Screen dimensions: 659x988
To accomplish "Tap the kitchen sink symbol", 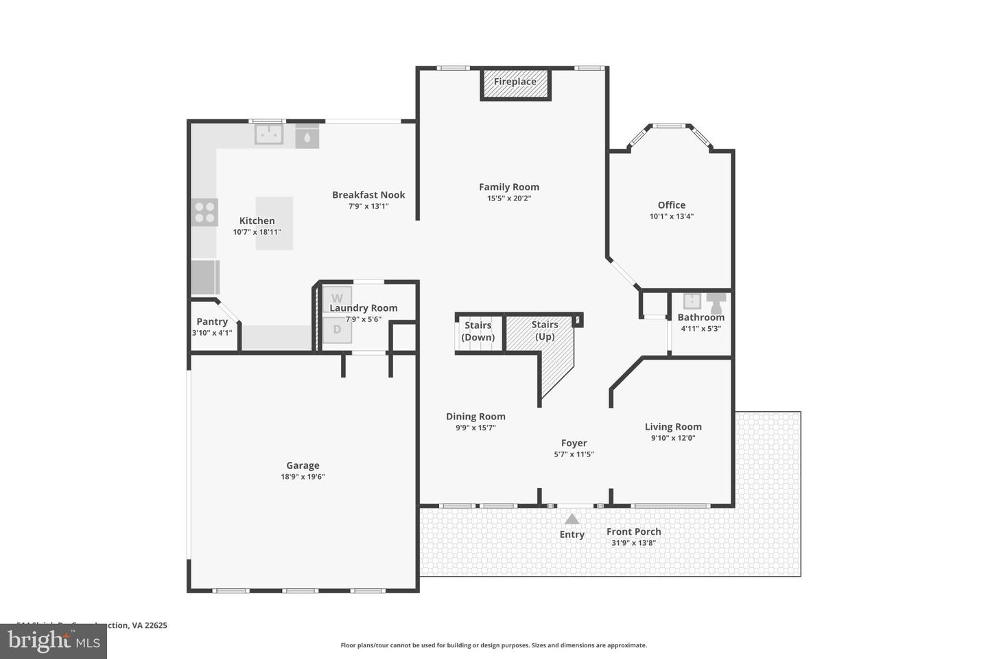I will click(x=269, y=134).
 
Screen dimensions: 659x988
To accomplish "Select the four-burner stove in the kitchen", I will click(x=204, y=212).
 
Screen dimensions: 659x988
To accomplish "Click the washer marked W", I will click(x=337, y=298).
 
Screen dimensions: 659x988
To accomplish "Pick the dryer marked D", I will click(x=337, y=329).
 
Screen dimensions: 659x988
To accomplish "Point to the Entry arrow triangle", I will click(x=572, y=519).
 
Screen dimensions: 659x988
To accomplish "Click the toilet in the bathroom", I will click(x=716, y=302).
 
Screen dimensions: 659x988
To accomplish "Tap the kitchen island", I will click(x=274, y=223).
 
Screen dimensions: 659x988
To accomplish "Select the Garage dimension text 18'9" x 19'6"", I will click(x=303, y=476).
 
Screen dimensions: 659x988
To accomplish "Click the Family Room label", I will click(x=509, y=187).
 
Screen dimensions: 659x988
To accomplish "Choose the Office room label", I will click(x=672, y=205).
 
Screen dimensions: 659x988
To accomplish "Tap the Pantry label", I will click(x=212, y=321).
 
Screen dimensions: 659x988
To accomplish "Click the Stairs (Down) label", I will click(x=478, y=331).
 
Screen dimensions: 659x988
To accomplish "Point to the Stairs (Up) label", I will click(x=545, y=330).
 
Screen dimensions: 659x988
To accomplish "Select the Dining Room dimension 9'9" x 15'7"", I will click(x=475, y=428).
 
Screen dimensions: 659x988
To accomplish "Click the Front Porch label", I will click(x=634, y=531).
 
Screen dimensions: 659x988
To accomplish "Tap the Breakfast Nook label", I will click(x=368, y=195).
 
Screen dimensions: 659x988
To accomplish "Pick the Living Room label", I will click(x=673, y=426).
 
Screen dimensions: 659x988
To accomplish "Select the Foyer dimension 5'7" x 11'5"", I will click(x=574, y=454).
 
